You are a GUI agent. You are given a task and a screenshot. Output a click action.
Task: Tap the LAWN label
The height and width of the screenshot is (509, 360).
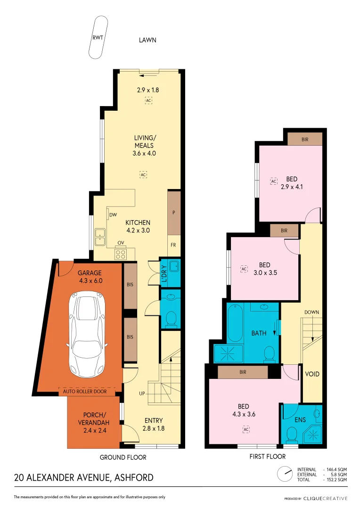click(147, 40)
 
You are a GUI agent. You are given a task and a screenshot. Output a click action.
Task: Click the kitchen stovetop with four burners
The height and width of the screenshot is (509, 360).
click(120, 254)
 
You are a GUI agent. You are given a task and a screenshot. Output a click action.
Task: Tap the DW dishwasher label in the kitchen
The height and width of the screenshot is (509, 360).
click(113, 215)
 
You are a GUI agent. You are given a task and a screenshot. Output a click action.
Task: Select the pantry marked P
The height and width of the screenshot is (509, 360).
click(174, 213)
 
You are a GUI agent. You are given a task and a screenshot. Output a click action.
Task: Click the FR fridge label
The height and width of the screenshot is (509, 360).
click(174, 246)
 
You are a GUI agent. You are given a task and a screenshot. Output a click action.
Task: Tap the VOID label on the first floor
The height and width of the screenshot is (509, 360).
click(312, 374)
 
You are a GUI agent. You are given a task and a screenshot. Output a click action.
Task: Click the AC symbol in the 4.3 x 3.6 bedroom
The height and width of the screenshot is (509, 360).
click(245, 429)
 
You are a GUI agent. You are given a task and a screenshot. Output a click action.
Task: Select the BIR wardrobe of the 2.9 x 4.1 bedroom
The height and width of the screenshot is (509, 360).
click(305, 139)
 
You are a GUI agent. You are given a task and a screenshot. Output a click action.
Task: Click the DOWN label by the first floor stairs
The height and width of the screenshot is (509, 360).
click(312, 312)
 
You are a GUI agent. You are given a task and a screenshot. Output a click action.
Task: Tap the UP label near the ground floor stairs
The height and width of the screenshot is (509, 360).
click(141, 393)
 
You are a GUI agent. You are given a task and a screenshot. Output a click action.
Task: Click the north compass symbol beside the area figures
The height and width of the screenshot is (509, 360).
click(285, 474)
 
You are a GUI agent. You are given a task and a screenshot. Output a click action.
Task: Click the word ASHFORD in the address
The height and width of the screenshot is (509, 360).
click(134, 477)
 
